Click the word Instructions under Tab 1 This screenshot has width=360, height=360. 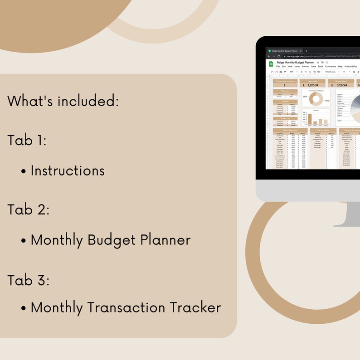68,170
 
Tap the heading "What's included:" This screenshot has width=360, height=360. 63,101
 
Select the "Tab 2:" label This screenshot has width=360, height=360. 28,210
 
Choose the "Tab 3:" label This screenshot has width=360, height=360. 28,280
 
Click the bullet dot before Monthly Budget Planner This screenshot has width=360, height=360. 24,241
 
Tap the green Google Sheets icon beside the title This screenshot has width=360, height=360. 271,64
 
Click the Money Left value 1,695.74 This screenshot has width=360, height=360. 313,85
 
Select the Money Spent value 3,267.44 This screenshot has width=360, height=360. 342,85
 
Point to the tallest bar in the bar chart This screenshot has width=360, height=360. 311,119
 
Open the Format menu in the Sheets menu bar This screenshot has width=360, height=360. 306,66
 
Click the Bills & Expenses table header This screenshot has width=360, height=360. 290,130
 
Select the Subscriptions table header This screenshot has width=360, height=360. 323,130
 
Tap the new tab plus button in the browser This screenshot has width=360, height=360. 306,51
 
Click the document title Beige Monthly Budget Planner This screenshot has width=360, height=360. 295,62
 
